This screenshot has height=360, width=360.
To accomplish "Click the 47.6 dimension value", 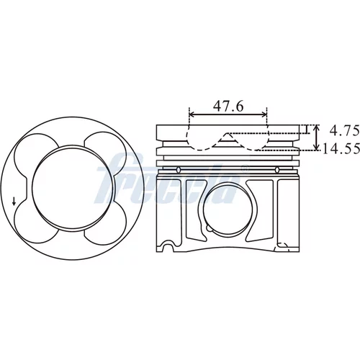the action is click(x=228, y=106).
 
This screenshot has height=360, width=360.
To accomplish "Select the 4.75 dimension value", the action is click(x=344, y=131).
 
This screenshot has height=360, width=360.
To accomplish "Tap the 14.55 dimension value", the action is click(x=341, y=148).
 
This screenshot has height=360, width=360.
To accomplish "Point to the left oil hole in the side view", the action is click(x=179, y=170).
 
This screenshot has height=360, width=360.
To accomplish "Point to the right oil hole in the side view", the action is click(x=277, y=170).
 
